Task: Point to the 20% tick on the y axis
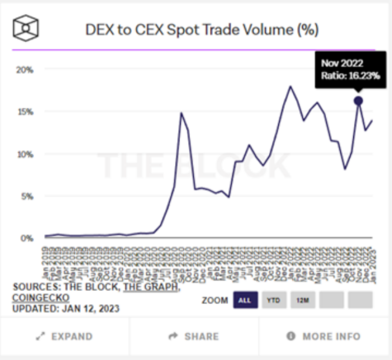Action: [25, 69]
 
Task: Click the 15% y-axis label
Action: [25, 111]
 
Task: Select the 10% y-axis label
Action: [25, 154]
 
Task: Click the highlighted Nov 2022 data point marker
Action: [358, 101]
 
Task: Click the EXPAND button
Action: [64, 336]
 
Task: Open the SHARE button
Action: [193, 336]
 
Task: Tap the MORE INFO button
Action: [324, 336]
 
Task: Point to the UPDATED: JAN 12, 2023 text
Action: [66, 308]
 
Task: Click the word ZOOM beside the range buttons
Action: [215, 300]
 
